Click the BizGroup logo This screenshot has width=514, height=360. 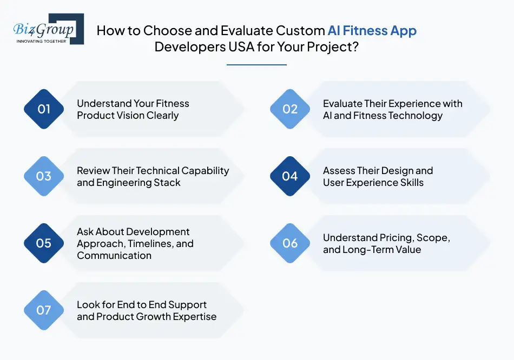(48, 29)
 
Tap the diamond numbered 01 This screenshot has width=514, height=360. (44, 109)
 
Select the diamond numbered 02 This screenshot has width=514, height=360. (290, 109)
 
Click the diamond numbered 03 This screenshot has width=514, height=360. (44, 176)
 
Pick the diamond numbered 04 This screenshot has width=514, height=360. (290, 176)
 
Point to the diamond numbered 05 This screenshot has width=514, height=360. (44, 243)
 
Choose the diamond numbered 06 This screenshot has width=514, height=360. (290, 243)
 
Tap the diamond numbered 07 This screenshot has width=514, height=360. (44, 310)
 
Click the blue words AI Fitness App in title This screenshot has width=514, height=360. (372, 31)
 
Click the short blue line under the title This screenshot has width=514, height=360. (256, 65)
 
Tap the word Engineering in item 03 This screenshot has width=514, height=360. (124, 182)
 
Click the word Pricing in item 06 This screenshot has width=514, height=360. (396, 237)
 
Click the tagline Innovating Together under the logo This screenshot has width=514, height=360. (41, 41)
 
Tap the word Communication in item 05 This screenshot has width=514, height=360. (114, 255)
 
